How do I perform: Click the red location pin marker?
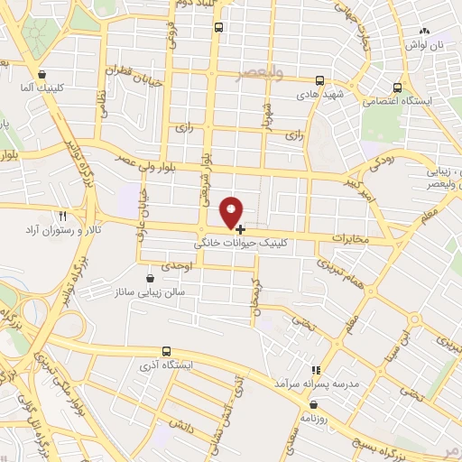tap(232, 211)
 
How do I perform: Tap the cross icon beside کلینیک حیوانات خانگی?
tap(240, 230)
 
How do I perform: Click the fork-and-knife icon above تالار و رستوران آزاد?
tap(63, 217)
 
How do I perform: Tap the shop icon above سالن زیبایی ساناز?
tap(149, 279)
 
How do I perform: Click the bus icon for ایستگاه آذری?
tap(166, 351)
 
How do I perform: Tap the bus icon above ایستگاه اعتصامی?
tap(398, 88)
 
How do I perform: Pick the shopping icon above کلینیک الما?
tap(42, 74)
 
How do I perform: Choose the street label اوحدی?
tap(172, 268)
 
